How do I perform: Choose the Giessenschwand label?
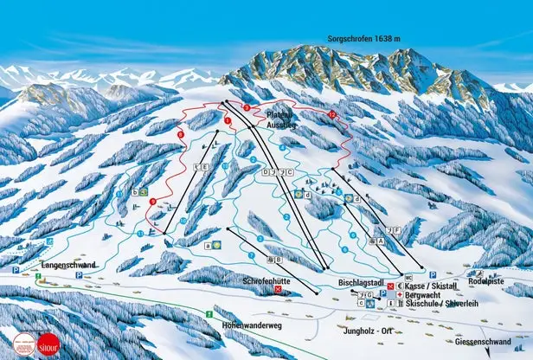pos(482,342)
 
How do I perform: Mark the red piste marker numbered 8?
pos(180,134)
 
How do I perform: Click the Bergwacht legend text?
pos(422,294)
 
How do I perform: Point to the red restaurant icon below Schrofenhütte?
pos(278,291)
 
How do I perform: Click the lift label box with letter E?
pos(206,166)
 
